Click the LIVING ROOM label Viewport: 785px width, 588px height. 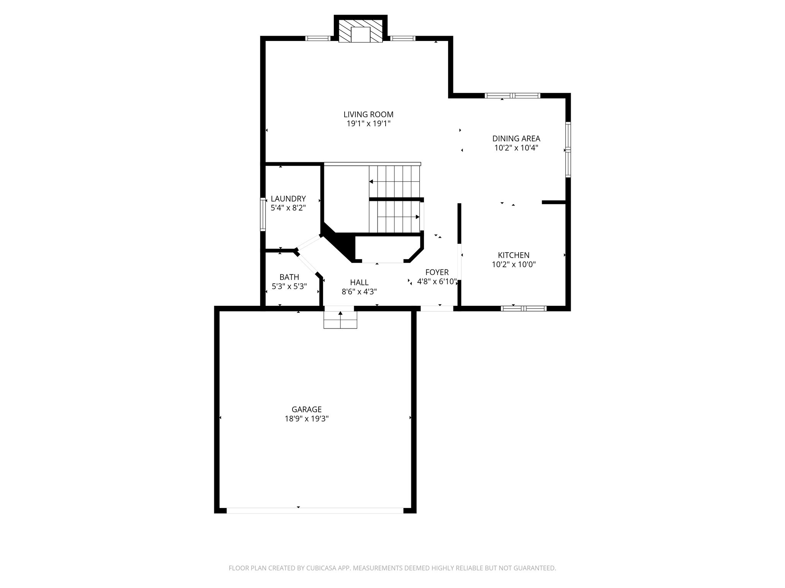pos(368,114)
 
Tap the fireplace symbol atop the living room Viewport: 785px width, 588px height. pos(361,34)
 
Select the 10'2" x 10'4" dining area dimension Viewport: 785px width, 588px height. pos(516,148)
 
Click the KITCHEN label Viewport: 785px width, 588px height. pos(513,255)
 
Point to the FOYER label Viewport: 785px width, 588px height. pos(437,272)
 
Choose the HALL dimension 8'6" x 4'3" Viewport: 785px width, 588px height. pos(359,292)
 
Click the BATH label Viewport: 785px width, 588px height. pos(289,277)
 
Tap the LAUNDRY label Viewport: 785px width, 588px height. pos(288,199)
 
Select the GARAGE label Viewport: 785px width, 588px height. pos(306,409)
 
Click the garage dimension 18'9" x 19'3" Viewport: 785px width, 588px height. pos(306,419)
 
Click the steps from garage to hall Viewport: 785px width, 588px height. pos(340,319)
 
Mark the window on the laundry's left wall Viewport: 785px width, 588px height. pos(263,214)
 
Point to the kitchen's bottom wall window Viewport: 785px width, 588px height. pos(524,308)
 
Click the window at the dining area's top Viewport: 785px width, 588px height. pos(512,96)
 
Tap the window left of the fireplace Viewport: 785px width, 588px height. pos(318,38)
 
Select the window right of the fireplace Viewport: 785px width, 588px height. pos(402,38)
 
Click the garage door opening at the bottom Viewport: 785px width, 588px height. pos(315,510)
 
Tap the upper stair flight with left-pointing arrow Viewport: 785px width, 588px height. pos(395,181)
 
